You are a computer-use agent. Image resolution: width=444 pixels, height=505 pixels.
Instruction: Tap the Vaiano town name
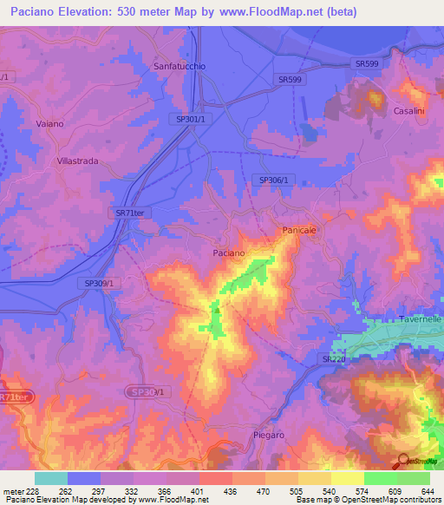(49, 124)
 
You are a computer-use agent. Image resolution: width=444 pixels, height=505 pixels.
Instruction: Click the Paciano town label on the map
(229, 252)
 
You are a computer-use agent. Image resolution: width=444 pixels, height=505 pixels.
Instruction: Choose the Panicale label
(301, 230)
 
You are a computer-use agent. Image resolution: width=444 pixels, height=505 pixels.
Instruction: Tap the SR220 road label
(333, 359)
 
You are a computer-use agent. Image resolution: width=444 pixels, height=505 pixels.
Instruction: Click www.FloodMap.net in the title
(271, 12)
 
